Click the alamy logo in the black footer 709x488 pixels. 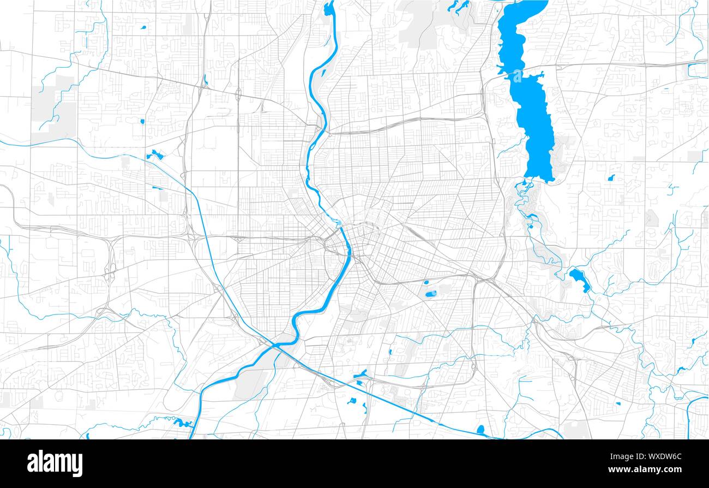[x=55, y=463]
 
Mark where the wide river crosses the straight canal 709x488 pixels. [x=278, y=345]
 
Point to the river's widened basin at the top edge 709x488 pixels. [x=329, y=9]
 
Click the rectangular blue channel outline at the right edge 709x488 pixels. [x=697, y=70]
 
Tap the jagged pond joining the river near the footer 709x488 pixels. [x=182, y=422]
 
